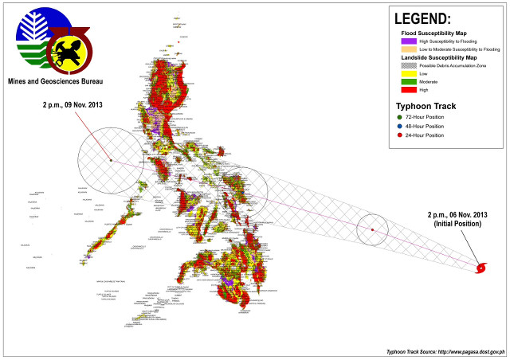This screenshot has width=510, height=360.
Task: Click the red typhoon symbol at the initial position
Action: [x=481, y=268]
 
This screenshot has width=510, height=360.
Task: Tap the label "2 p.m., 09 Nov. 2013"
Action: [x=73, y=105]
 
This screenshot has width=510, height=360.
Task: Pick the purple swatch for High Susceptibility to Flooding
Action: [x=410, y=41]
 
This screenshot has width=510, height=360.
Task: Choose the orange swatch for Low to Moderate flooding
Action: [x=410, y=49]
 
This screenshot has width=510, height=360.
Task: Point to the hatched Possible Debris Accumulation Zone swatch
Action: [x=410, y=66]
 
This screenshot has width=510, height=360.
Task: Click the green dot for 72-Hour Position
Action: [x=402, y=117]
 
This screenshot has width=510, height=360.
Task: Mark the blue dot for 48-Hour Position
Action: [x=402, y=126]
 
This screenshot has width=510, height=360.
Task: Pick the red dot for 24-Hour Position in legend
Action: [x=402, y=135]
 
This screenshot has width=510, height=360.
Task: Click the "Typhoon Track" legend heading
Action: [x=426, y=105]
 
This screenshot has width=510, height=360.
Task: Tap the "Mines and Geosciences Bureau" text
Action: [x=58, y=80]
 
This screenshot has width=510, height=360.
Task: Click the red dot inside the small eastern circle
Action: [x=372, y=231]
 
